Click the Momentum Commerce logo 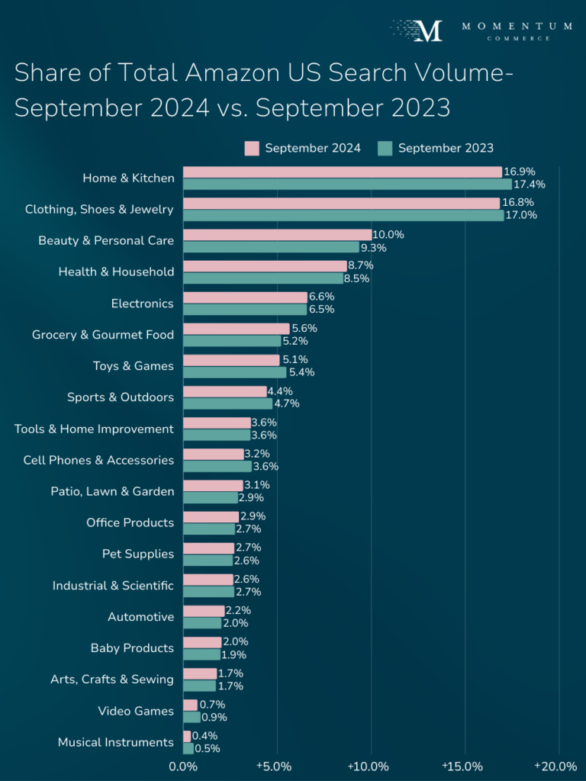(x=481, y=31)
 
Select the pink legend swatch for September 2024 (x=252, y=148)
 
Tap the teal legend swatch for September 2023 (x=385, y=148)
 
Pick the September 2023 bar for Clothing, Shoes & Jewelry (x=343, y=216)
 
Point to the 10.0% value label (x=388, y=235)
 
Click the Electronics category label (x=143, y=304)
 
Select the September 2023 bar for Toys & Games (x=234, y=372)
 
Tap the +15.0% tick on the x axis (x=462, y=766)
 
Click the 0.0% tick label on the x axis (x=183, y=766)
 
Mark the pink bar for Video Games (x=190, y=705)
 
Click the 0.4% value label (x=204, y=736)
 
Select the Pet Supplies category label (x=138, y=554)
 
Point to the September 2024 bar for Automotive (x=204, y=611)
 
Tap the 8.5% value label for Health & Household (x=356, y=278)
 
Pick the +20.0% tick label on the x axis (x=555, y=766)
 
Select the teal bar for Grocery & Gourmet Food (x=232, y=341)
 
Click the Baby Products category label (x=132, y=648)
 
